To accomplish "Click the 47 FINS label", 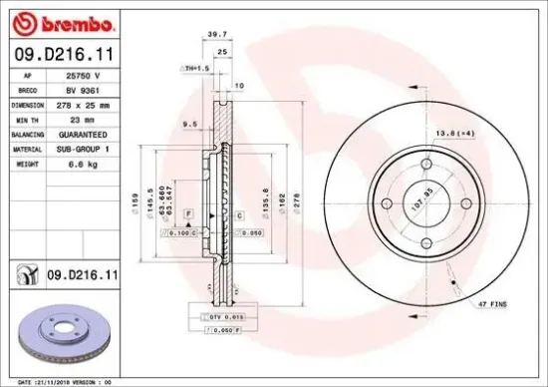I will [x=492, y=299].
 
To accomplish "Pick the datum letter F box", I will [x=187, y=214].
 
